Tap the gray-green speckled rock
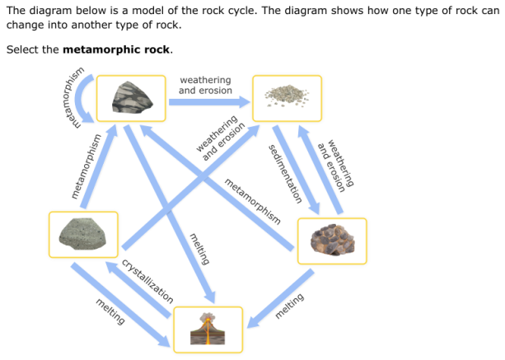pos(83,234)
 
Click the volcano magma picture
pos(208,329)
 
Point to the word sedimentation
pos(283,174)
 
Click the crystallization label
pos(147,281)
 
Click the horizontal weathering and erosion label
pos(205,85)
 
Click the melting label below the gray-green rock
pos(110,311)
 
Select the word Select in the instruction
pos(21,49)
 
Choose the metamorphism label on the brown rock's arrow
pos(252,201)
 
